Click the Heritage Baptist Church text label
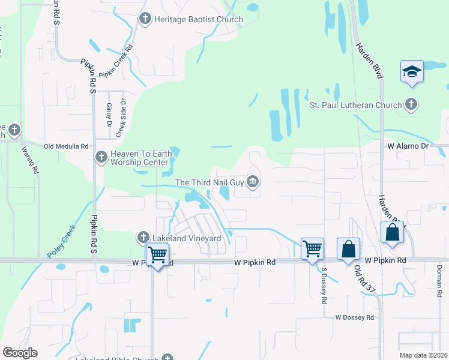(198, 19)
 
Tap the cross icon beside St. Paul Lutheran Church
(411, 105)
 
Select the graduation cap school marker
(412, 71)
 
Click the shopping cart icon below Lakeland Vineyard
(157, 254)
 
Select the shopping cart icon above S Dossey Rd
(312, 247)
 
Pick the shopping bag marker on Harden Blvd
(392, 233)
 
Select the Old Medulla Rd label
(66, 146)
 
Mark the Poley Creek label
(62, 243)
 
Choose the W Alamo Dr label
(408, 146)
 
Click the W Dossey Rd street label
(354, 317)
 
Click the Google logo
(20, 352)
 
